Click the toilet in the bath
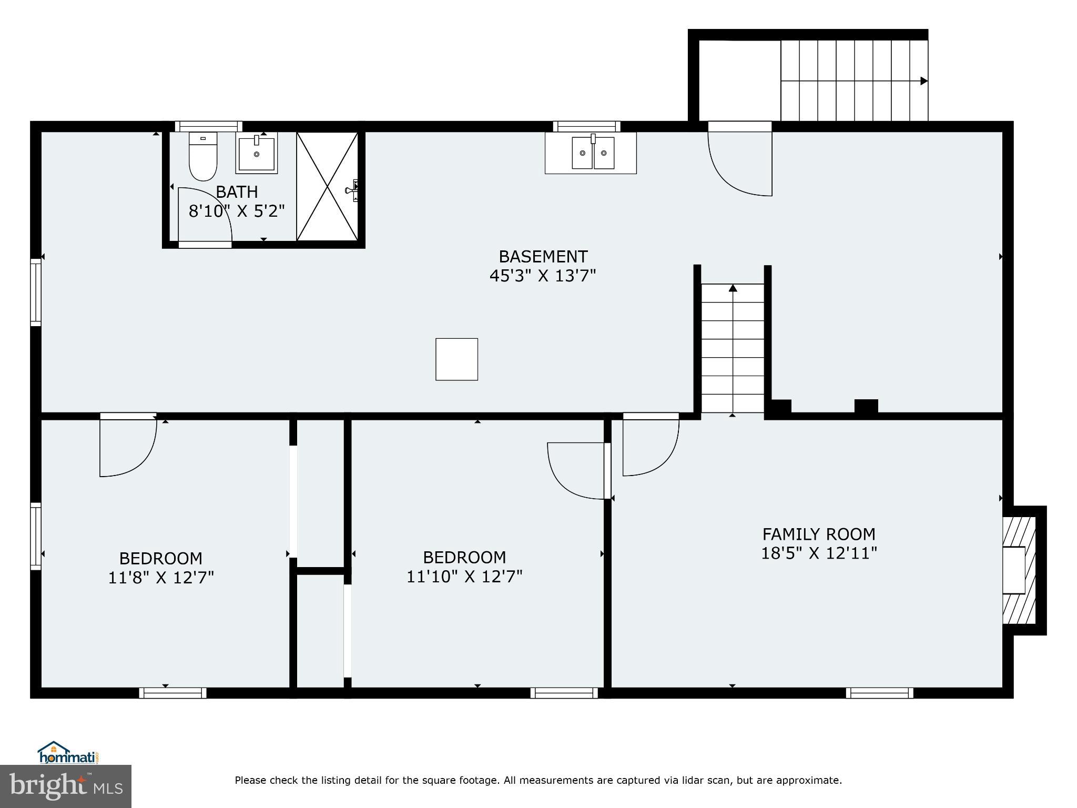pos(203,158)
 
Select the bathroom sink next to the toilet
pos(257,153)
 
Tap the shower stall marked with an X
pos(327,187)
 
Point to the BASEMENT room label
pos(543,257)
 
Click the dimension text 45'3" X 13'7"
pos(543,276)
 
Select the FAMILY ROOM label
pos(819,534)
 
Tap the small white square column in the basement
pos(456,359)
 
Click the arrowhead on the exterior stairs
pos(923,81)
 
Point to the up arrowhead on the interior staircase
pos(733,288)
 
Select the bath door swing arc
pos(205,216)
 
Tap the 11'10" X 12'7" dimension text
pos(464,577)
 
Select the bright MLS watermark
pos(65,786)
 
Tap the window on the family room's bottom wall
pos(879,693)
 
